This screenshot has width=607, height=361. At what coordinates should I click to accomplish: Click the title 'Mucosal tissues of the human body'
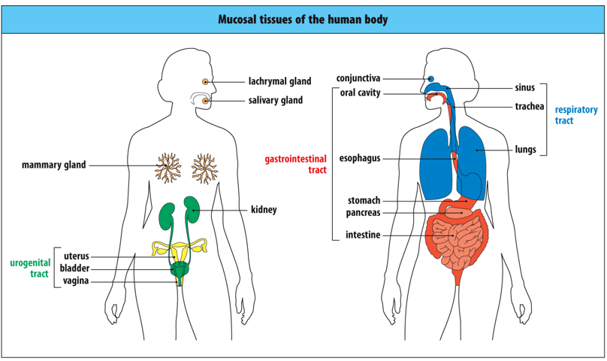point(303,20)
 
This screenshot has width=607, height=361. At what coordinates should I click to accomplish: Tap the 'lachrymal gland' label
point(279,81)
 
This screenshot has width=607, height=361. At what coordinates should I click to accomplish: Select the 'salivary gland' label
point(275,100)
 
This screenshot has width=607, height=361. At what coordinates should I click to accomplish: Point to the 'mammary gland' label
point(53,165)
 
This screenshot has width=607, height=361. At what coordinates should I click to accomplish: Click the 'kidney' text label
point(264,210)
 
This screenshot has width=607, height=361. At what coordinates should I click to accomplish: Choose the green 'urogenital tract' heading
point(29,268)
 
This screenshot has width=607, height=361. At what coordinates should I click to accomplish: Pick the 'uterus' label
point(76,256)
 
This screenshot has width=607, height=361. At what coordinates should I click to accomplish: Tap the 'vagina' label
point(76,281)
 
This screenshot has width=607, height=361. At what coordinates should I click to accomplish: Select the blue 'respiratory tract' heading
point(576,115)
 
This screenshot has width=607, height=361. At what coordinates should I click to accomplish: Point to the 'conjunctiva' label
point(358,78)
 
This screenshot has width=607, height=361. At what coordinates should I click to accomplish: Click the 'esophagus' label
point(360,159)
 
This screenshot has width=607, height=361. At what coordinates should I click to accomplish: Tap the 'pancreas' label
point(363,213)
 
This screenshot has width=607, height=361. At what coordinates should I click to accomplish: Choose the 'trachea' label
point(529,107)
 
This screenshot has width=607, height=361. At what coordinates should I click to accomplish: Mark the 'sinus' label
point(524,88)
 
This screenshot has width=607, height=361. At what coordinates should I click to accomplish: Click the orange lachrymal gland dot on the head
point(204,81)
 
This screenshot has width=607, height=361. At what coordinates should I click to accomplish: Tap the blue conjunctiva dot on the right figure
point(430,78)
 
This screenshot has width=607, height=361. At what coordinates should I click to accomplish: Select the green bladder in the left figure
point(180,268)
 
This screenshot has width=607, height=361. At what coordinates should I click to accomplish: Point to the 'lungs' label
point(525,149)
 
